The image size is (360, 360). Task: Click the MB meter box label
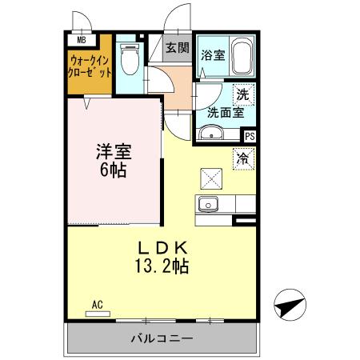(x=81, y=38)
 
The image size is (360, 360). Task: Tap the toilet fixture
(x=128, y=58)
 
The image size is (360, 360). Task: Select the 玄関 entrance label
(x=178, y=48)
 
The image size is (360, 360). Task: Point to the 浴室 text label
(x=213, y=56)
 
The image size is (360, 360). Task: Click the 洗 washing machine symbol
(x=243, y=93)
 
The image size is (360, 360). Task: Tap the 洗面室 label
(x=224, y=113)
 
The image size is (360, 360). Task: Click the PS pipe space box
(x=249, y=136)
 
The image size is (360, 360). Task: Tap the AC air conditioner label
(x=98, y=304)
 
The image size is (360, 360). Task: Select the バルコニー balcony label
(x=162, y=338)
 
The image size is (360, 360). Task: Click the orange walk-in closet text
(x=90, y=64)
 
